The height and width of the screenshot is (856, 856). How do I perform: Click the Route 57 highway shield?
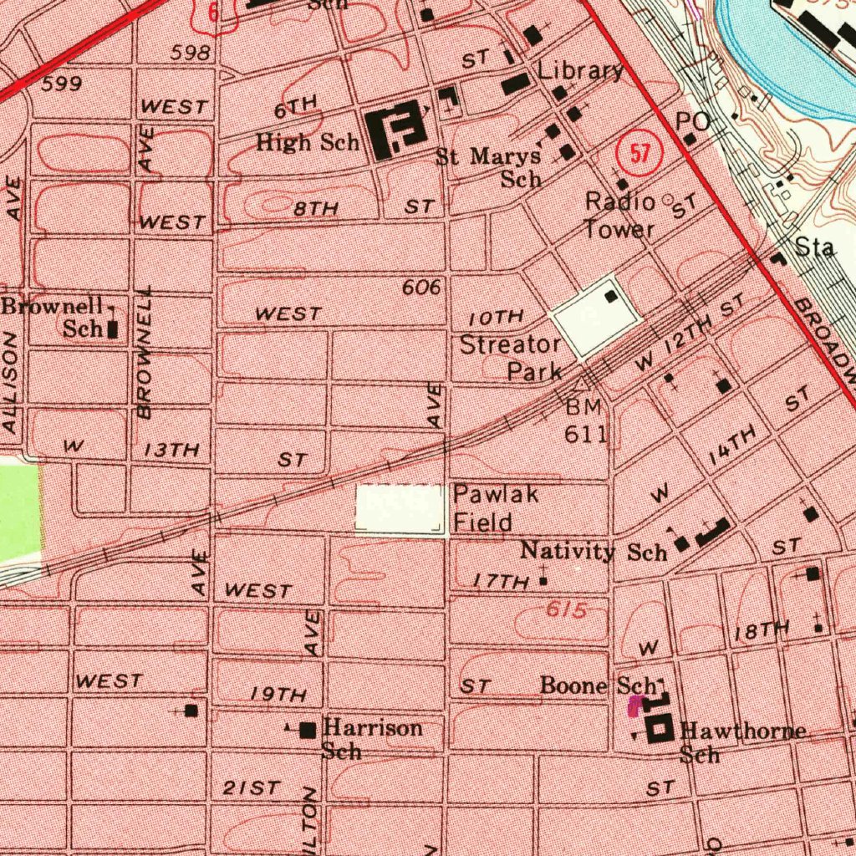pos(639,154)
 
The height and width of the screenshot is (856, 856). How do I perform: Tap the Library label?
pos(580,70)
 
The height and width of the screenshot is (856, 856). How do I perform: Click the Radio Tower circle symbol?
pos(667,199)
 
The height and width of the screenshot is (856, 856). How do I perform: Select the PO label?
pos(693,121)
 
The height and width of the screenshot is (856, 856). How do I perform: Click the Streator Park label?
pos(511,357)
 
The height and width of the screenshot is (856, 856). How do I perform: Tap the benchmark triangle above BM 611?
pos(582,385)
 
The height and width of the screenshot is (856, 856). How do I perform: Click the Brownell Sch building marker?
pos(113,329)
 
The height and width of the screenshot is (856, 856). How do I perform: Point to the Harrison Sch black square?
pos(308,731)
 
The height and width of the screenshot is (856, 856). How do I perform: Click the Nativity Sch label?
pos(594,551)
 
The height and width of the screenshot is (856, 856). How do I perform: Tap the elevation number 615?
pos(565,611)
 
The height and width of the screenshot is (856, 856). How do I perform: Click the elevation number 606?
pos(420,288)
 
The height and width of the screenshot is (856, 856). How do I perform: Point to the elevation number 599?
pos(61,84)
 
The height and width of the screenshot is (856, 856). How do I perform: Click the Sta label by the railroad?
pos(814,247)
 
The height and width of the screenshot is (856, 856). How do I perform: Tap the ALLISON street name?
pos(11,383)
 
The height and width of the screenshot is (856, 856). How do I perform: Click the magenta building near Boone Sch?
pos(635,706)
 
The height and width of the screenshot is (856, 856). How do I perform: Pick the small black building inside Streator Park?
pos(613,296)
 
